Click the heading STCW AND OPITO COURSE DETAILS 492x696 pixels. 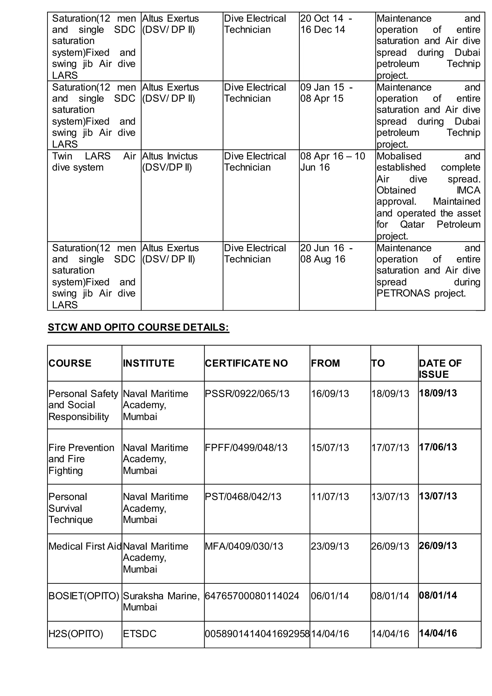[138, 327]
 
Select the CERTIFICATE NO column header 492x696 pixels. [246, 363]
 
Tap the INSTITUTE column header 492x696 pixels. [148, 363]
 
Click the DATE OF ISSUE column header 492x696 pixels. [440, 369]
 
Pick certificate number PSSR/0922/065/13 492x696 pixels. [247, 393]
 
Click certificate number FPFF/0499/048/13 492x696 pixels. [246, 447]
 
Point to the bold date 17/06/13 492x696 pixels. [438, 447]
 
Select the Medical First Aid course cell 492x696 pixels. [85, 546]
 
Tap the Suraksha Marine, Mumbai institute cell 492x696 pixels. [161, 601]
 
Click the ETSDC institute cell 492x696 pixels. [140, 634]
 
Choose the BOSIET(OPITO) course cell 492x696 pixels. [84, 596]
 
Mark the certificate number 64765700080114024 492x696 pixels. [252, 596]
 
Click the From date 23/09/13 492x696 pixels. [330, 546]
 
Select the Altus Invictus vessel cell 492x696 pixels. [170, 162]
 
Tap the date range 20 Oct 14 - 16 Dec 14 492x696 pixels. [326, 24]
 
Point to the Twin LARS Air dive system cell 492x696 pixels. [94, 162]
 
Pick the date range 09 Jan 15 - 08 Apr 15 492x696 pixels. [326, 93]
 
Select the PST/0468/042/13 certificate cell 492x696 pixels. [243, 497]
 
